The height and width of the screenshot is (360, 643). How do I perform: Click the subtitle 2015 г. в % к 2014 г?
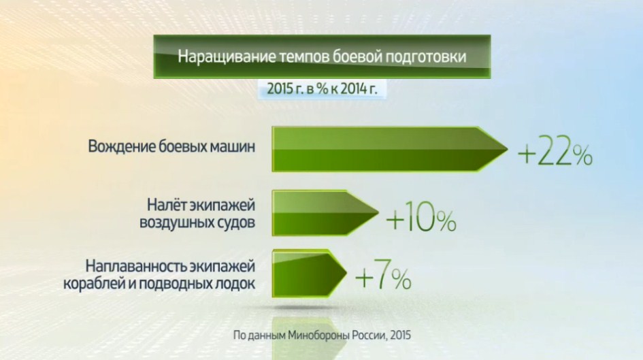pos(322,88)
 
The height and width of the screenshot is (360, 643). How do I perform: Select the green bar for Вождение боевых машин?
pos(390,149)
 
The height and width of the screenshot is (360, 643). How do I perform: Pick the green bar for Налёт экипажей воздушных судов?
pos(325,213)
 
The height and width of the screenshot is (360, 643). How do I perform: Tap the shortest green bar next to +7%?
pos(309,273)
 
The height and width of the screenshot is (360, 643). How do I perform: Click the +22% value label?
pos(555,154)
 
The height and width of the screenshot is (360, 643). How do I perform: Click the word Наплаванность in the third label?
pos(135,267)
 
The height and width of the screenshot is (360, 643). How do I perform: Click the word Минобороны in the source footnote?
pos(318,336)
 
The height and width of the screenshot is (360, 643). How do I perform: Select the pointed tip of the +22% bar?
pos(508,149)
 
